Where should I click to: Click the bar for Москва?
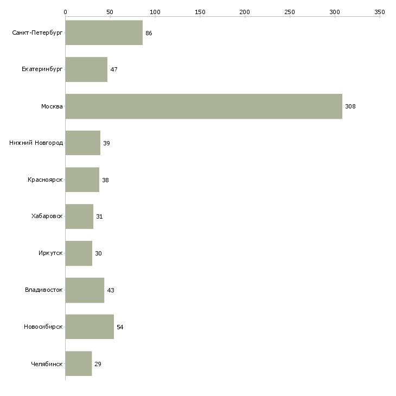click(x=203, y=106)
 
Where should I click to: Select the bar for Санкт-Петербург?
click(x=104, y=33)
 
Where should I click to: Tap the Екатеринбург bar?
click(x=86, y=69)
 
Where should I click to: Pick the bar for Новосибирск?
click(x=90, y=327)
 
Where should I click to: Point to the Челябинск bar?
click(x=78, y=363)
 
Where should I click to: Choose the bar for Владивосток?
click(x=85, y=290)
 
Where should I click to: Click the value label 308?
click(x=350, y=106)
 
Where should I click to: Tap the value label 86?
click(x=149, y=33)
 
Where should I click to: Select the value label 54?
click(x=120, y=327)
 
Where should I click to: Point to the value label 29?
click(x=98, y=364)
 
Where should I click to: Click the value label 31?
click(x=99, y=216)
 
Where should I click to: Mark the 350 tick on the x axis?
click(x=380, y=11)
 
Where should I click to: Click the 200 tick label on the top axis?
click(x=245, y=11)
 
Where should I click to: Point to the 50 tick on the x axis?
click(x=110, y=11)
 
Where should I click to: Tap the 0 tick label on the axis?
click(x=65, y=11)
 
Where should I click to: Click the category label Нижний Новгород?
click(x=36, y=143)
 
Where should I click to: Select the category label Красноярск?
click(x=45, y=180)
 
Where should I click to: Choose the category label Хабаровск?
click(x=47, y=216)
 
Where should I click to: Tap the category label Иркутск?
click(x=50, y=253)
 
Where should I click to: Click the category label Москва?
click(x=52, y=106)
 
